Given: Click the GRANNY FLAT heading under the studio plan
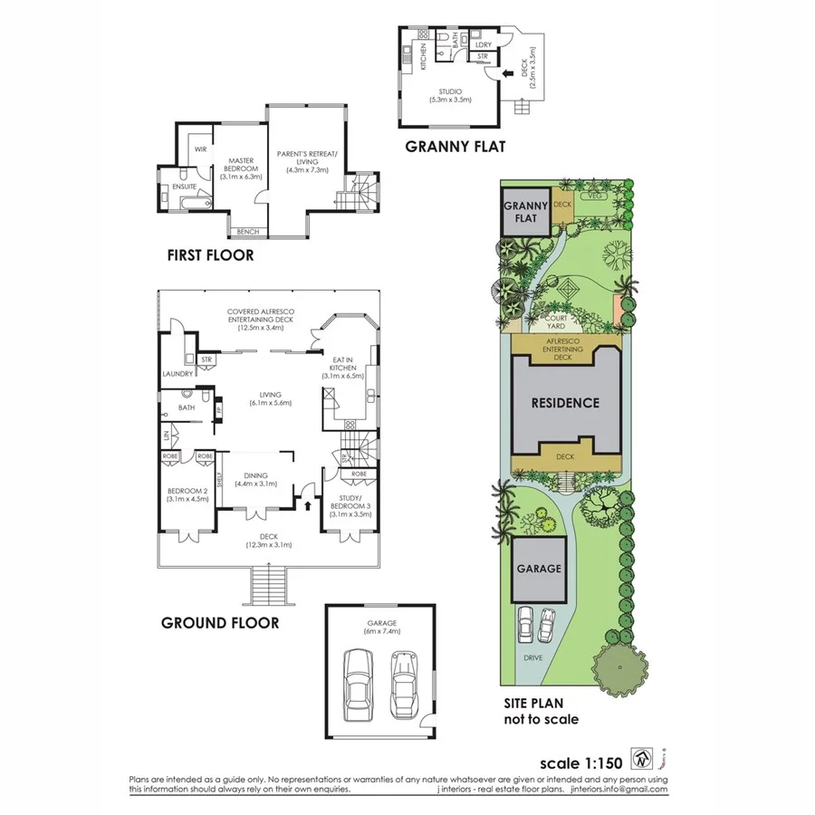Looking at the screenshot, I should [455, 146].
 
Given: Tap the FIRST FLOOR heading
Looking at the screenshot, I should [210, 255].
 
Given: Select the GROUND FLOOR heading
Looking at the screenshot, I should [220, 622].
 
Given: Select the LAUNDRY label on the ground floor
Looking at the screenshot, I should [175, 373].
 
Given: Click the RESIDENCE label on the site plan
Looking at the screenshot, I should [565, 403].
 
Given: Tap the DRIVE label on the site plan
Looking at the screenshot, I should [532, 657].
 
